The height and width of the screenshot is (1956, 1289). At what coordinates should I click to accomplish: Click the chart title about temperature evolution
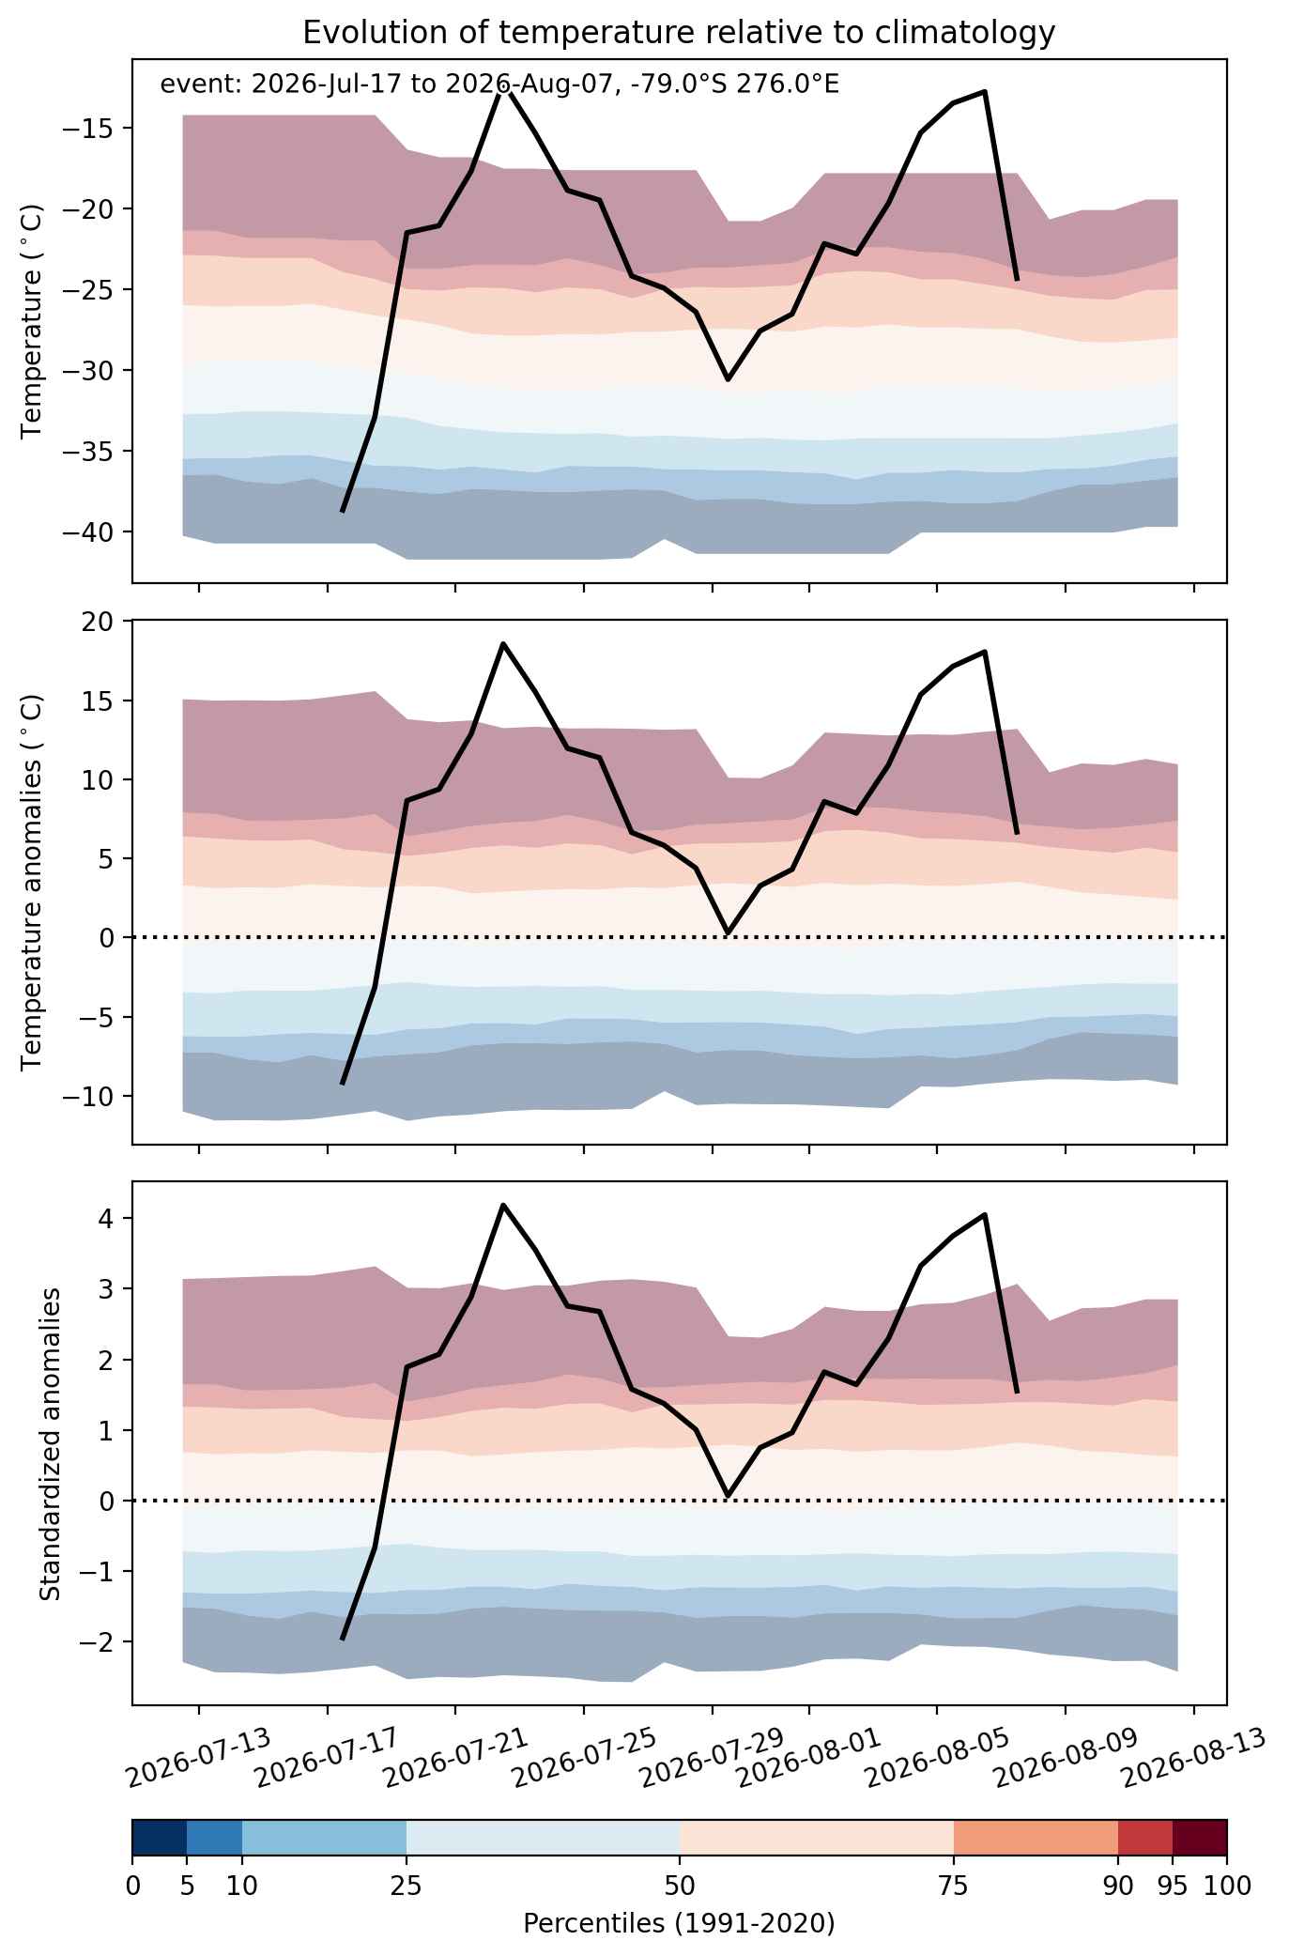[x=679, y=33]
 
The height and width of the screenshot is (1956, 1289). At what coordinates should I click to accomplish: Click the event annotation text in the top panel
[x=499, y=85]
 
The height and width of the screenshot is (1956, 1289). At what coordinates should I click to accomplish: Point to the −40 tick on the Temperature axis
[x=92, y=532]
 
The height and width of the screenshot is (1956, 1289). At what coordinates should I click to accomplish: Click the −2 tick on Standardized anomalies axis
[x=100, y=1641]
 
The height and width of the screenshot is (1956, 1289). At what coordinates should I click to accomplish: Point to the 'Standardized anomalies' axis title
[x=51, y=1442]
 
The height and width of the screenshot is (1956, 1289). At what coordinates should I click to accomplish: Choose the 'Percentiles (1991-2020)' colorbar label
[x=679, y=1923]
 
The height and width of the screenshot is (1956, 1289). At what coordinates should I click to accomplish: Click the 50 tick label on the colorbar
[x=680, y=1887]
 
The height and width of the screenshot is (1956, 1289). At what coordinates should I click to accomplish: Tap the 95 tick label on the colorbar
[x=1173, y=1887]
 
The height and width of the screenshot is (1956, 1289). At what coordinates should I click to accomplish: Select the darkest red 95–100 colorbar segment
[x=1200, y=1837]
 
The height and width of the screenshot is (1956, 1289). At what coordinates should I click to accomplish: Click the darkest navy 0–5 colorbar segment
[x=160, y=1837]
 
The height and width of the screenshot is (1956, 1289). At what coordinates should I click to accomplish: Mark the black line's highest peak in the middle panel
[x=503, y=644]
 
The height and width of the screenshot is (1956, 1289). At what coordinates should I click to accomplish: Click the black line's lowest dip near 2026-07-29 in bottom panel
[x=728, y=1495]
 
